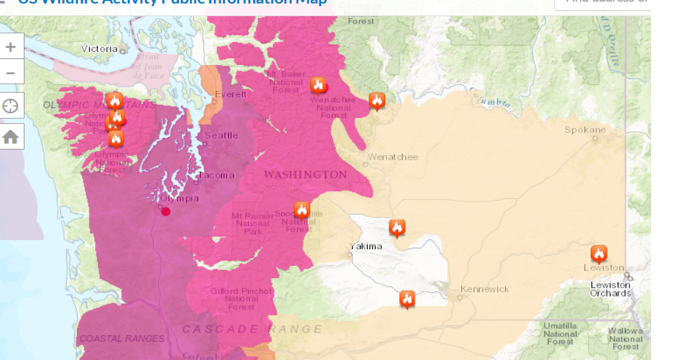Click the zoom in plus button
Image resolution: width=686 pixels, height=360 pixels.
click(11, 47)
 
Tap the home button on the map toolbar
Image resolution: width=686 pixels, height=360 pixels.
click(11, 137)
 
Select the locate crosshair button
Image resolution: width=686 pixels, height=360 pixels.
click(11, 106)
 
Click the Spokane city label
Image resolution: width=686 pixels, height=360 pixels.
click(585, 130)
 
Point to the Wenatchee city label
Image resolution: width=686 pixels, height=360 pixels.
click(393, 157)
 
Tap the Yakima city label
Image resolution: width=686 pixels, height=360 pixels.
click(366, 246)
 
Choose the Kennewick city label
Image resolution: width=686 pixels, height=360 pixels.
click(484, 289)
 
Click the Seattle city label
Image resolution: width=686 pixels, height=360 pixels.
click(221, 135)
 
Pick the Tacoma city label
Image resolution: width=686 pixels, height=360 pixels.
click(217, 175)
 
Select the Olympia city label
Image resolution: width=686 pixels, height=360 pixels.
click(180, 198)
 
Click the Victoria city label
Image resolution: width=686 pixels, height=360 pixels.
click(99, 49)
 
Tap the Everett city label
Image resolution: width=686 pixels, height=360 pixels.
click(231, 94)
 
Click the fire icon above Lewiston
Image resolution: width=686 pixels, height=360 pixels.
click(599, 253)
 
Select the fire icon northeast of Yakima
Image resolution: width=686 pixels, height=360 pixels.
click(397, 227)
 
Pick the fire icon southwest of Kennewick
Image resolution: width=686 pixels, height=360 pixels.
click(407, 298)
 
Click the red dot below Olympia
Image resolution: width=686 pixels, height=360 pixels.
click(166, 211)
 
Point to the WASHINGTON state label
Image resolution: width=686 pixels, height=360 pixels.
click(305, 174)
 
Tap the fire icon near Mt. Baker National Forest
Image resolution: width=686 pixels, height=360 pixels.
click(318, 85)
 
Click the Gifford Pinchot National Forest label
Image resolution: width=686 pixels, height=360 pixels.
click(241, 299)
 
